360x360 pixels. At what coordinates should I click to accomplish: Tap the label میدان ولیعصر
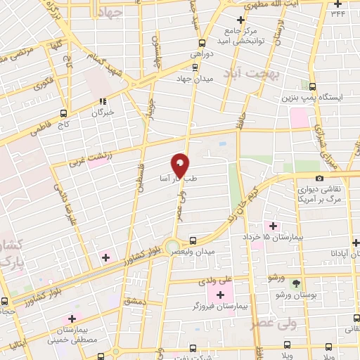(214, 250)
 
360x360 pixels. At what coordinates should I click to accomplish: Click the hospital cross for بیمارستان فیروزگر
(220, 293)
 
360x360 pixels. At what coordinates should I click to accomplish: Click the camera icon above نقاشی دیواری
(320, 179)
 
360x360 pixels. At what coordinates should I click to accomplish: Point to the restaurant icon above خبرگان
(103, 101)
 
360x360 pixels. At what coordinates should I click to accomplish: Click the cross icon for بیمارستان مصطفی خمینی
(72, 319)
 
